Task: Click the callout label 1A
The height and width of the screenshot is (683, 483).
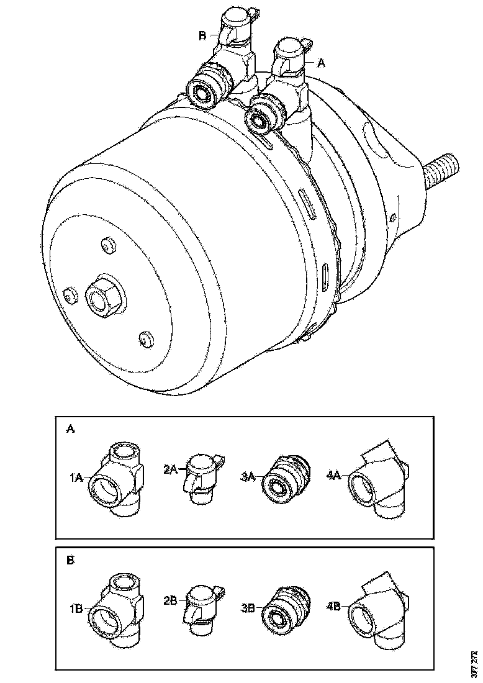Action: (76, 478)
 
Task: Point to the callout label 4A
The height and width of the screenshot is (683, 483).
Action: (333, 475)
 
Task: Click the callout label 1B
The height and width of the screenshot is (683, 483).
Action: (76, 608)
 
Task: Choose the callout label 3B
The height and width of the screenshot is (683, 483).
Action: (248, 608)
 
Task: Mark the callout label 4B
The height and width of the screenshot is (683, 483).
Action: (333, 606)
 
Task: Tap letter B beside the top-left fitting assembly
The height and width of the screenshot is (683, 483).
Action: (202, 36)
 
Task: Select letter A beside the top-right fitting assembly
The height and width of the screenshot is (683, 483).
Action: (321, 63)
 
